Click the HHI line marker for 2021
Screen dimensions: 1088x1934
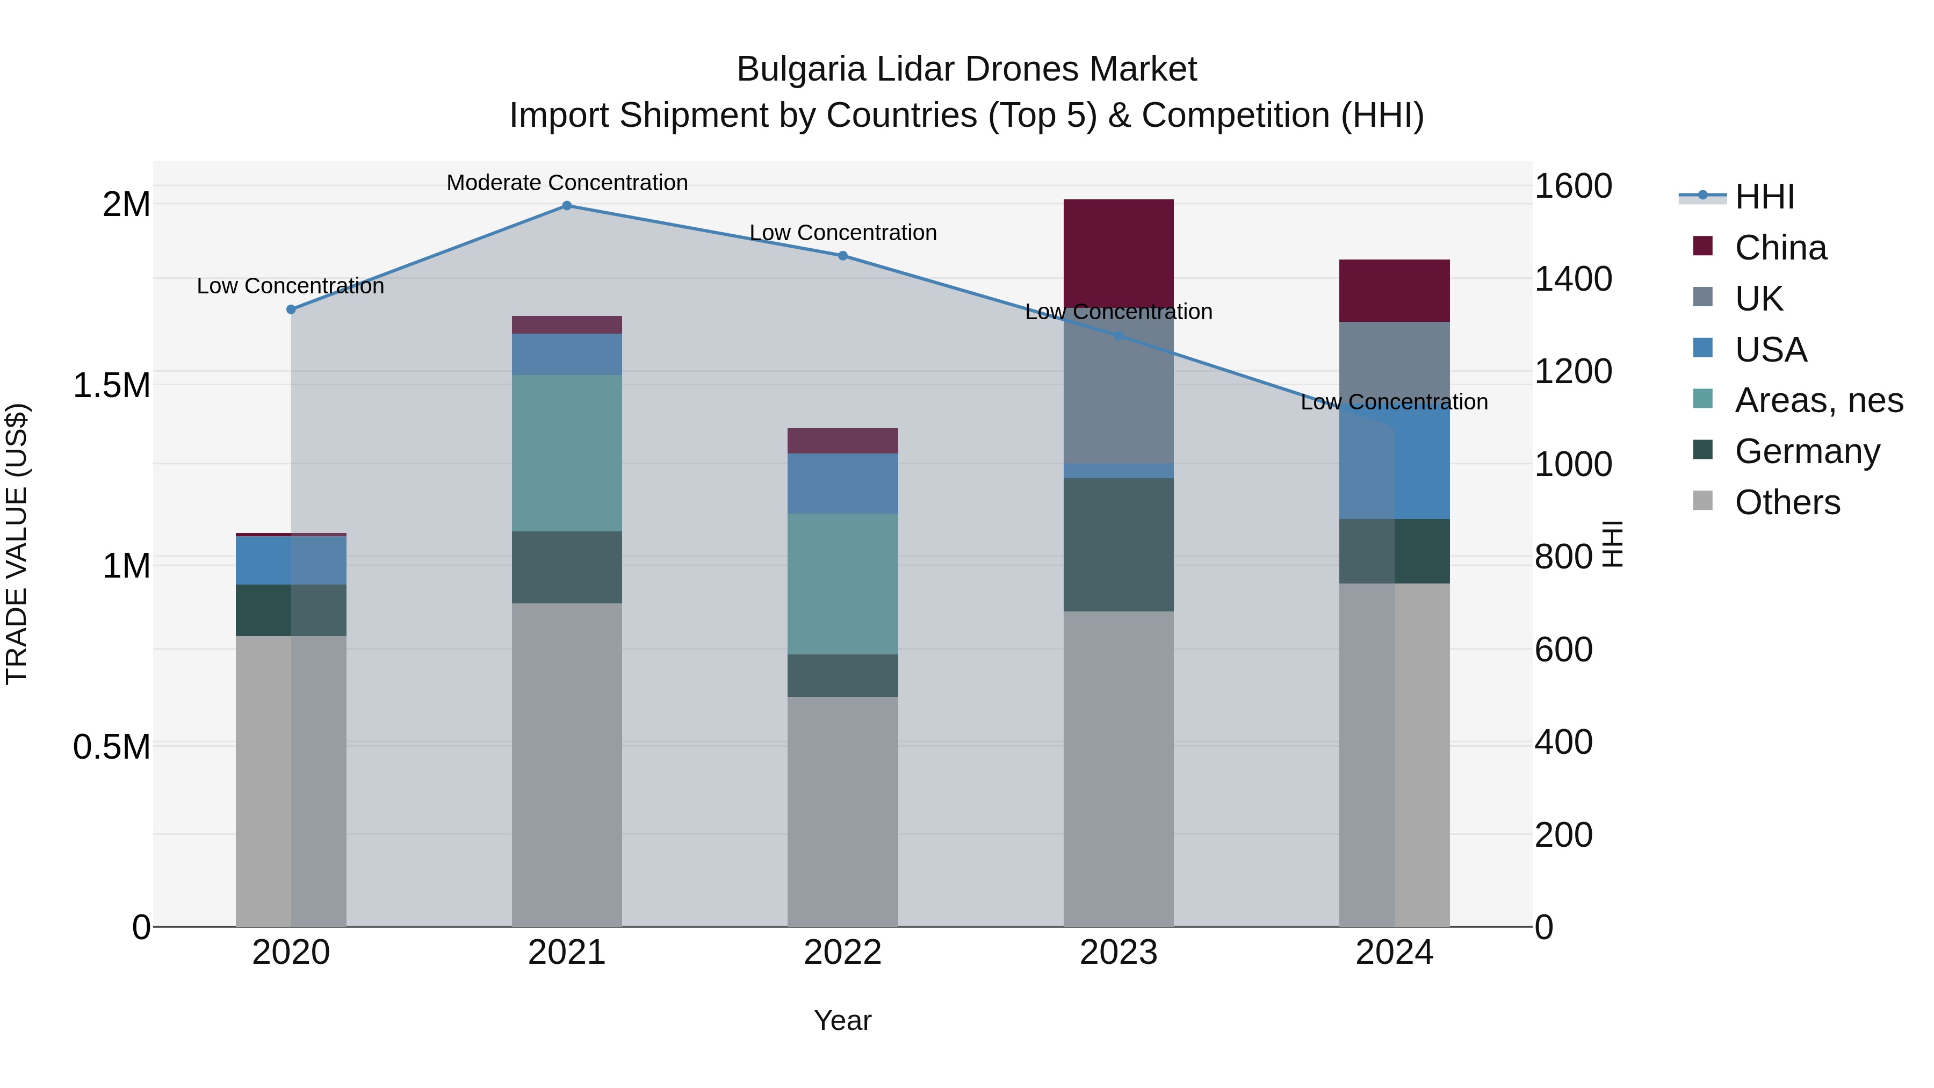coord(567,206)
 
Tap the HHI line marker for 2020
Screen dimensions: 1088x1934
coord(291,309)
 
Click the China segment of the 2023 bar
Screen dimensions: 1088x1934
coord(1118,251)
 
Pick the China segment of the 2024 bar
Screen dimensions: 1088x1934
coord(1394,291)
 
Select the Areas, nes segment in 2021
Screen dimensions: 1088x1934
coord(567,453)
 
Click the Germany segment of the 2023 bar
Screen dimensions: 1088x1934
coord(1118,544)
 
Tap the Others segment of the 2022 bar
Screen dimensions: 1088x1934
coord(842,811)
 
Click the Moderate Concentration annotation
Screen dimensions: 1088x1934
coord(567,183)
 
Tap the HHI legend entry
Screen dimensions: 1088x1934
coord(1764,197)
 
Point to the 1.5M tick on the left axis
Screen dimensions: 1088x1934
coord(111,385)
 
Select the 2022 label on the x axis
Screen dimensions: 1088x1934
coord(842,953)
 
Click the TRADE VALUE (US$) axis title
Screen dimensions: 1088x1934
coord(17,544)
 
